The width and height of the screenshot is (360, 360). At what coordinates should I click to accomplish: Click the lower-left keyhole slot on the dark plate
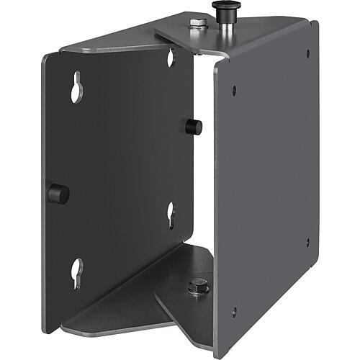[x=78, y=271]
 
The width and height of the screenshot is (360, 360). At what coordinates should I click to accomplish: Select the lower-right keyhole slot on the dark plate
[x=171, y=214]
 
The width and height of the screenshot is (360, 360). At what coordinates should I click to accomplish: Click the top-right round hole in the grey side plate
[x=308, y=53]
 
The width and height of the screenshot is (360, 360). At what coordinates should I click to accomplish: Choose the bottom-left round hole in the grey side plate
[x=233, y=311]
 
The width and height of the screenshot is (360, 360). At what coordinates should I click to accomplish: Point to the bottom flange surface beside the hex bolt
[x=184, y=302]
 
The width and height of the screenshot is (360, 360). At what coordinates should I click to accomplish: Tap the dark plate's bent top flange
[x=108, y=48]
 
